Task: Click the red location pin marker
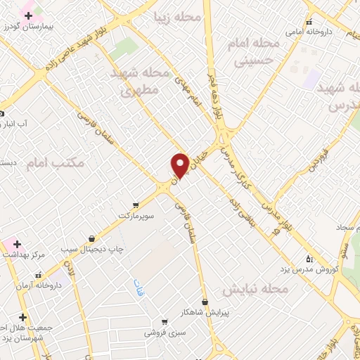click(x=180, y=166)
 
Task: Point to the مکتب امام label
click(x=55, y=163)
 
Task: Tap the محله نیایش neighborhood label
click(x=256, y=290)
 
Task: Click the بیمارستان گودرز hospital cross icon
click(x=28, y=15)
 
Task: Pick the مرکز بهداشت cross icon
click(x=17, y=244)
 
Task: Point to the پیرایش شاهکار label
click(x=203, y=312)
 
